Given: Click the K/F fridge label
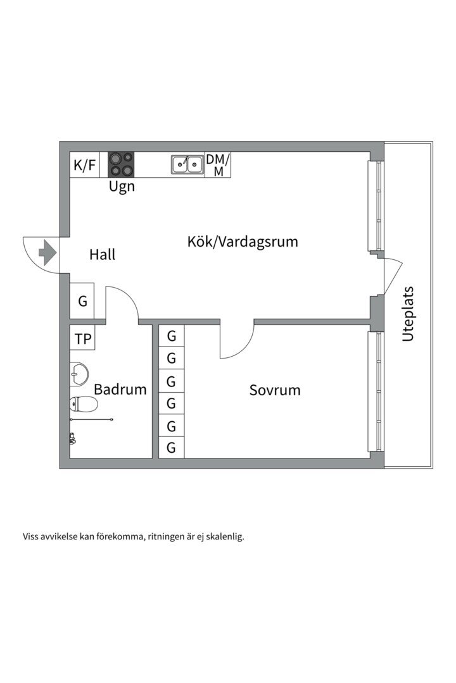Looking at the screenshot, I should (85, 166).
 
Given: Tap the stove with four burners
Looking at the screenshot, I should (121, 164).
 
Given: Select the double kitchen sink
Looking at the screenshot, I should (187, 164).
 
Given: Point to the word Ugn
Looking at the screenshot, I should (122, 187).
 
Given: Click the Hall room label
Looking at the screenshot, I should (103, 255).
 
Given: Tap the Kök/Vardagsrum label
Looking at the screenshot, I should (243, 242).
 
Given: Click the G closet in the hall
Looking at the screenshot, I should (82, 301).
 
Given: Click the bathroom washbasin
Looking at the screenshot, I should (79, 374).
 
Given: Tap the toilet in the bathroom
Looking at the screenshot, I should (83, 404).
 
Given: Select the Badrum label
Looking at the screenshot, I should (120, 390).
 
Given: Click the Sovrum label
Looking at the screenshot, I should (275, 390).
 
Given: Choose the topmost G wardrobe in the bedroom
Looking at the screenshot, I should (171, 336).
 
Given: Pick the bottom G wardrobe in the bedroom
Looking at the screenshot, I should (171, 448).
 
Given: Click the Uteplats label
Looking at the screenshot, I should (408, 314).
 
